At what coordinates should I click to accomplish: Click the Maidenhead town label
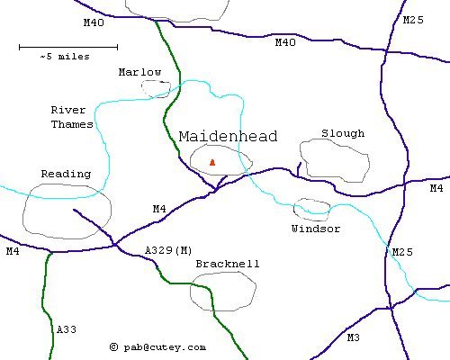point(228,137)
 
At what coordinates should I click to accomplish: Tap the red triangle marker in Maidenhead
point(212,162)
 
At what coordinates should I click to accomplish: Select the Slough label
point(343,133)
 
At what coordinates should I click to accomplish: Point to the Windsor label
point(316,229)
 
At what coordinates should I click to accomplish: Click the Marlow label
point(139,72)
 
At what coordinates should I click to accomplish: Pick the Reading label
point(66,174)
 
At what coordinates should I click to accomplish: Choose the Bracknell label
point(228,264)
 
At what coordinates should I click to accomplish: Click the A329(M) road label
point(168,249)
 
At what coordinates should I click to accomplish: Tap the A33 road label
point(67,330)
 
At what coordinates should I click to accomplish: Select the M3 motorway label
point(353,337)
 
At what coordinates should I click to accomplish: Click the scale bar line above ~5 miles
point(67,46)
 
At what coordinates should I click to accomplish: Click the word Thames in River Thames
point(72,124)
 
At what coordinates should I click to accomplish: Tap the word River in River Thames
point(68,110)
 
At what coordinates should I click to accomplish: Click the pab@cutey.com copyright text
point(157,346)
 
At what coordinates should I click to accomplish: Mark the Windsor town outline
point(311,210)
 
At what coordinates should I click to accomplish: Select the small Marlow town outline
point(156,88)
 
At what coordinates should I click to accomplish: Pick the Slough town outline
point(334,159)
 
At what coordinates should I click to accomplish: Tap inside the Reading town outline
point(67,212)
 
